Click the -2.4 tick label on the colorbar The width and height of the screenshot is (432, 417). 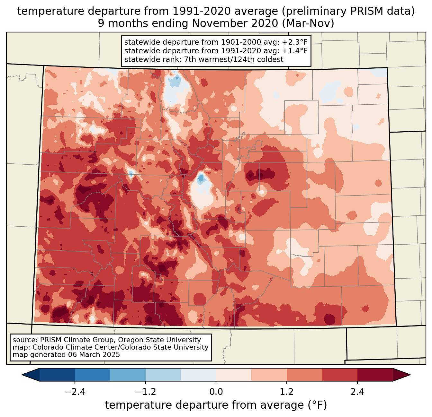click(75, 392)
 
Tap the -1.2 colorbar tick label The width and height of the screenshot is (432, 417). click(145, 392)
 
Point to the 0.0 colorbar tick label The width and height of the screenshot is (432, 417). click(216, 392)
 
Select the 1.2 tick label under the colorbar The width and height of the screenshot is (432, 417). click(287, 392)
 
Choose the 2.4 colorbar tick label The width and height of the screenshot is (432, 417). click(357, 392)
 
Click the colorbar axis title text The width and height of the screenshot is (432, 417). click(216, 405)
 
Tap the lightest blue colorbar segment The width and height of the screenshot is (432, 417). click(198, 375)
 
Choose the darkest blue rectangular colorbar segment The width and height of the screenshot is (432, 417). click(57, 375)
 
